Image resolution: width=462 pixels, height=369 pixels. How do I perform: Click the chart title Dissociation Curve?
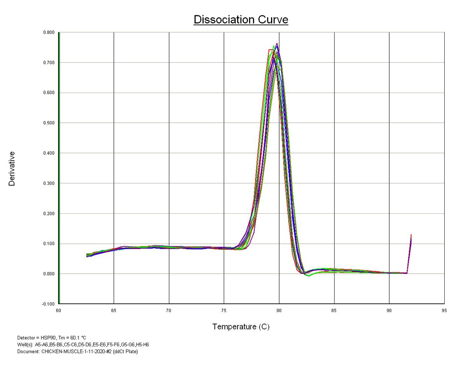241,20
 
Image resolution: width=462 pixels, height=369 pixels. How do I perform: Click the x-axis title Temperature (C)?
241,327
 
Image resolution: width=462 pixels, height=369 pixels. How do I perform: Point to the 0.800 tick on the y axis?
49,32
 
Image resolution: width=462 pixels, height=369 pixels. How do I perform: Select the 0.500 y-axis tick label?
49,123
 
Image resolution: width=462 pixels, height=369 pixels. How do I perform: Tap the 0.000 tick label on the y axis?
49,274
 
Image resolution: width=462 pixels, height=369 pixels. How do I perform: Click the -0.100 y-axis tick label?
48,304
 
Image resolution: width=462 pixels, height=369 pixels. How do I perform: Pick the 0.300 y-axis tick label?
49,183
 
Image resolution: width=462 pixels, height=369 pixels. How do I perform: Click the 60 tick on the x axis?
59,310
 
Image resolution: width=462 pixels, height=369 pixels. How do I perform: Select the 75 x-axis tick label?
224,310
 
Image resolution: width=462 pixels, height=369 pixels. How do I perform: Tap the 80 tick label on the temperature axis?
279,310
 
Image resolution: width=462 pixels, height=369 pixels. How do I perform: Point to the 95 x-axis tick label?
444,310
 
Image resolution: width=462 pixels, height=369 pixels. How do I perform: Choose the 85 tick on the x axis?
334,310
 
